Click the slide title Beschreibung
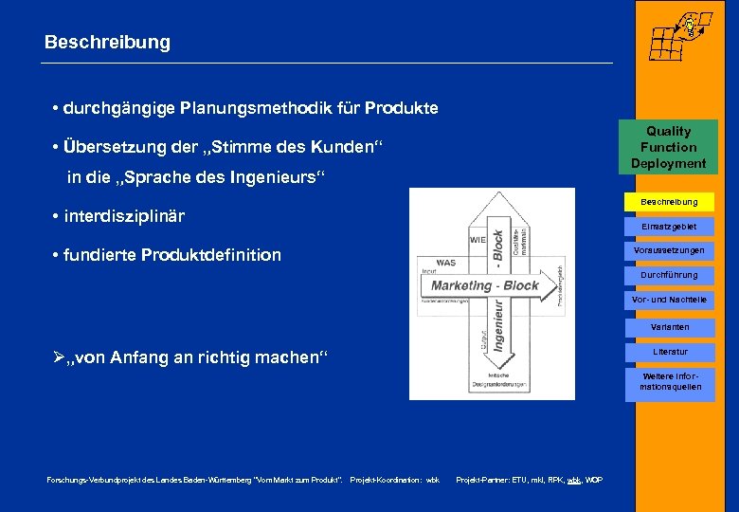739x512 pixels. (x=107, y=43)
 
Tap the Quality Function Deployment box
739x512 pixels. (x=668, y=147)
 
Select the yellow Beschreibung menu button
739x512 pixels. (x=668, y=202)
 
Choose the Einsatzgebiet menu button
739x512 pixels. (x=668, y=227)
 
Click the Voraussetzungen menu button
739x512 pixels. (x=668, y=250)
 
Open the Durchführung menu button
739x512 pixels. (x=668, y=275)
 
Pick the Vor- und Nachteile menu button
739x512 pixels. (x=668, y=300)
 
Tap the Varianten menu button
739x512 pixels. (x=668, y=326)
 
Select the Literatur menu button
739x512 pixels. (x=668, y=352)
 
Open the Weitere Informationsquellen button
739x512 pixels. (x=668, y=381)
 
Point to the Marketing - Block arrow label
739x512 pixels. (x=484, y=285)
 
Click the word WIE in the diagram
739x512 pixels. (x=478, y=239)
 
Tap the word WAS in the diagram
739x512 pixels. (x=446, y=262)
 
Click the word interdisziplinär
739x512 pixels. (x=124, y=216)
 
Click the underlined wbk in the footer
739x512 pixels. (x=573, y=480)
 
